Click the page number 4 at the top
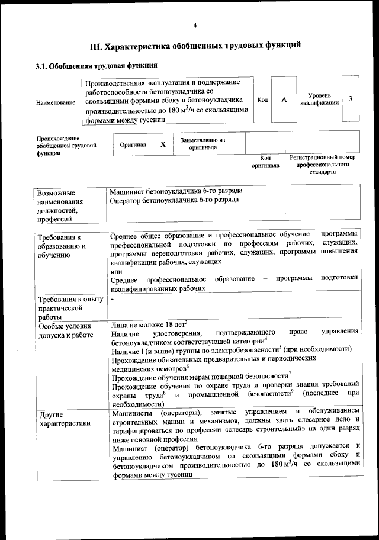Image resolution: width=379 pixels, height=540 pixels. click(x=195, y=25)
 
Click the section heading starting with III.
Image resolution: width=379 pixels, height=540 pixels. click(x=195, y=46)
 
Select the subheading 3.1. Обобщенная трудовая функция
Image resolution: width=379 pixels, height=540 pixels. click(x=96, y=66)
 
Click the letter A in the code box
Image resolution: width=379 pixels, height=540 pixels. click(x=284, y=99)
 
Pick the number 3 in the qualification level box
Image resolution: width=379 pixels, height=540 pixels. click(x=351, y=98)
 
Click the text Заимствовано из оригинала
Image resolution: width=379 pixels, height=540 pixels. click(x=203, y=144)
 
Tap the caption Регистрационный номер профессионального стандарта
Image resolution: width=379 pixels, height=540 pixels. click(x=322, y=165)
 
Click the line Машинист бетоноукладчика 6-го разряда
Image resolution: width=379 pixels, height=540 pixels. click(x=176, y=191)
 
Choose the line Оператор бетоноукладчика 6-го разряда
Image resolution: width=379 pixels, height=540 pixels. click(x=175, y=200)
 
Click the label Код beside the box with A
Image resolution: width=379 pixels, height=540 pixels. click(x=262, y=99)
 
